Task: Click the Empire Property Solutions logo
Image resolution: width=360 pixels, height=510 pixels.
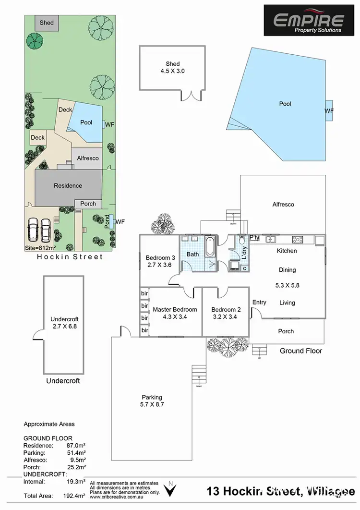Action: click(x=308, y=20)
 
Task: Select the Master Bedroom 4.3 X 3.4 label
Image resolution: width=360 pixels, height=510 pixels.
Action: click(x=175, y=313)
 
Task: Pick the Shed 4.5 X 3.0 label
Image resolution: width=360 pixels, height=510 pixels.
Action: click(x=173, y=67)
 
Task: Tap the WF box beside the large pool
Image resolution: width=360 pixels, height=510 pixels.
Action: click(x=329, y=111)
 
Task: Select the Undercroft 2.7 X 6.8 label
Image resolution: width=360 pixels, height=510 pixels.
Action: click(x=64, y=322)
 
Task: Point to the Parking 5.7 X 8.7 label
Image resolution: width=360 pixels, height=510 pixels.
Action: click(x=152, y=401)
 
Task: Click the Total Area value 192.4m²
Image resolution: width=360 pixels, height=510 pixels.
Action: click(x=76, y=495)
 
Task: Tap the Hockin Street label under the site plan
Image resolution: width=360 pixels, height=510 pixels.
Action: click(x=70, y=257)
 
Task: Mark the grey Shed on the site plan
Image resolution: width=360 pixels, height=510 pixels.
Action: click(x=47, y=23)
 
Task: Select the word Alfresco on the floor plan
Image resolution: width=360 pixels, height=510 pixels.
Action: click(x=283, y=205)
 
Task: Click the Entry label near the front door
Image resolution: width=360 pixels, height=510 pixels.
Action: click(x=259, y=302)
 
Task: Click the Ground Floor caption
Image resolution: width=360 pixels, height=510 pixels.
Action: click(x=301, y=351)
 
